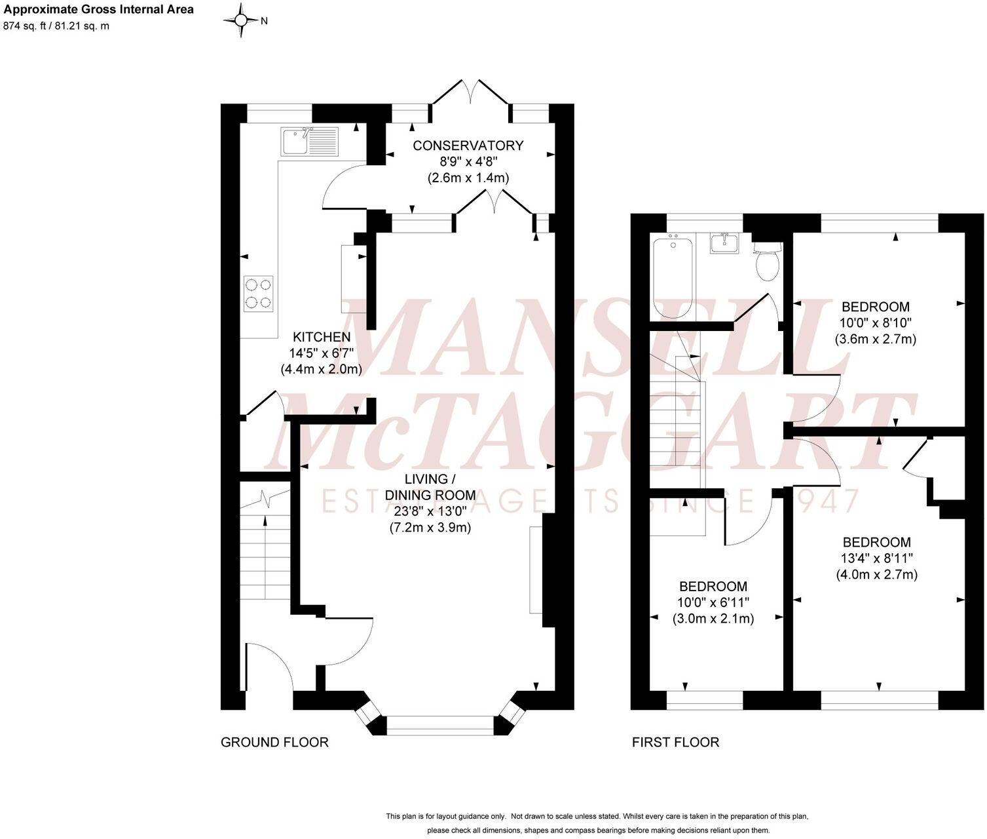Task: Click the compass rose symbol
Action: (240, 20)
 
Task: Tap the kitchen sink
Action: (310, 142)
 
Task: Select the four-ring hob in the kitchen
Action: (258, 294)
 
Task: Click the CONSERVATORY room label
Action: (468, 146)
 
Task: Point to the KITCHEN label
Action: (321, 337)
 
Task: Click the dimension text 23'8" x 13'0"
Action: (430, 511)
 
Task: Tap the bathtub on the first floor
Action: (673, 277)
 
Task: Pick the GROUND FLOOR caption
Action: (274, 742)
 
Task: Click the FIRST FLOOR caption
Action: (675, 742)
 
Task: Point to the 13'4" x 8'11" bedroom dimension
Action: (876, 558)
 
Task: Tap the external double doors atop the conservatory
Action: (470, 92)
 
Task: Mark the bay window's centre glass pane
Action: (439, 725)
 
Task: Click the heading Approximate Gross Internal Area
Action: (99, 10)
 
